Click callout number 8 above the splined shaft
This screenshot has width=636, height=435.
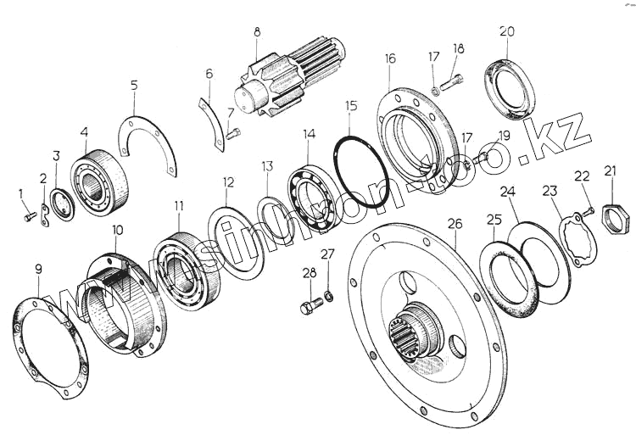(256, 32)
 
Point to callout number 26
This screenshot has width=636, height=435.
(455, 224)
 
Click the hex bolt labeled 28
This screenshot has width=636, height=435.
(310, 302)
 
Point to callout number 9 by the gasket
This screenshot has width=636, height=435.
(38, 270)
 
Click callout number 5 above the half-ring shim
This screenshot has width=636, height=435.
(134, 85)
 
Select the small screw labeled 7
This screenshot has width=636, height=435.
(233, 131)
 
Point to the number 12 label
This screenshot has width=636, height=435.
(228, 181)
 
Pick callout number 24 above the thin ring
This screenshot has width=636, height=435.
(508, 192)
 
